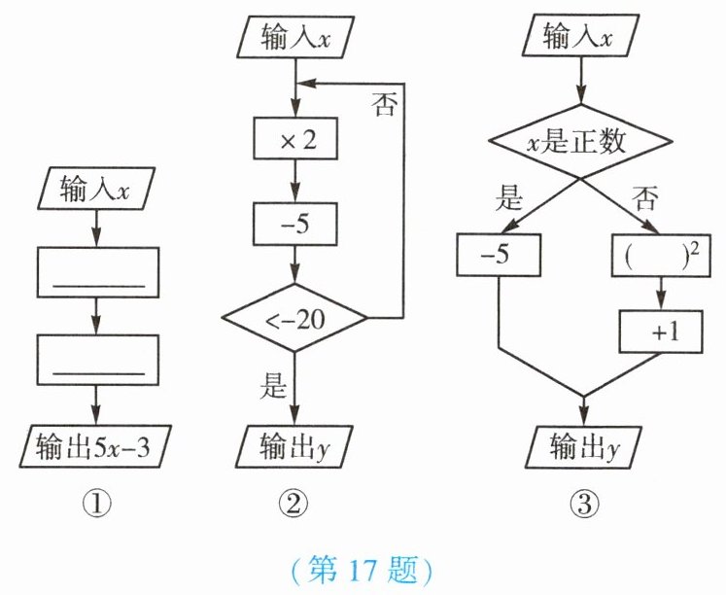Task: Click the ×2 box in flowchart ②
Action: [294, 138]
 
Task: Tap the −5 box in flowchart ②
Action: [294, 225]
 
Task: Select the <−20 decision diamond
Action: [294, 318]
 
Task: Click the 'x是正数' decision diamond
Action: [581, 141]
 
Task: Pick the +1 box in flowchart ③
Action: [661, 332]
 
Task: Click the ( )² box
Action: [661, 256]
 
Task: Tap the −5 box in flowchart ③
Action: [499, 255]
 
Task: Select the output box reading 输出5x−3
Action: [95, 446]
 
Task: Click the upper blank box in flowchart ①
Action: [98, 272]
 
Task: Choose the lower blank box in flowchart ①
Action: [98, 361]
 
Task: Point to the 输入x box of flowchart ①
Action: [96, 188]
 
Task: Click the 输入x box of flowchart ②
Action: [295, 37]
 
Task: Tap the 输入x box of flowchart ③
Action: [580, 36]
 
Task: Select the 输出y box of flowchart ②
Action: [294, 446]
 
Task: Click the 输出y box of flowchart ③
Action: [583, 446]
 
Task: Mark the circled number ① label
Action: [97, 504]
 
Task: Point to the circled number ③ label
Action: [584, 504]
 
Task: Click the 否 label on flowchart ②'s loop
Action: [384, 104]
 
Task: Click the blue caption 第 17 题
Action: [363, 570]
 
